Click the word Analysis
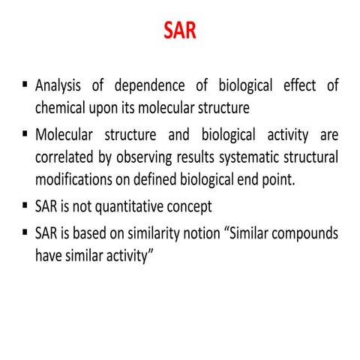[61, 86]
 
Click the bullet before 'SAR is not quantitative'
[24, 205]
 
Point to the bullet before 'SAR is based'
[24, 231]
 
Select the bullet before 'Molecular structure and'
[24, 136]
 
